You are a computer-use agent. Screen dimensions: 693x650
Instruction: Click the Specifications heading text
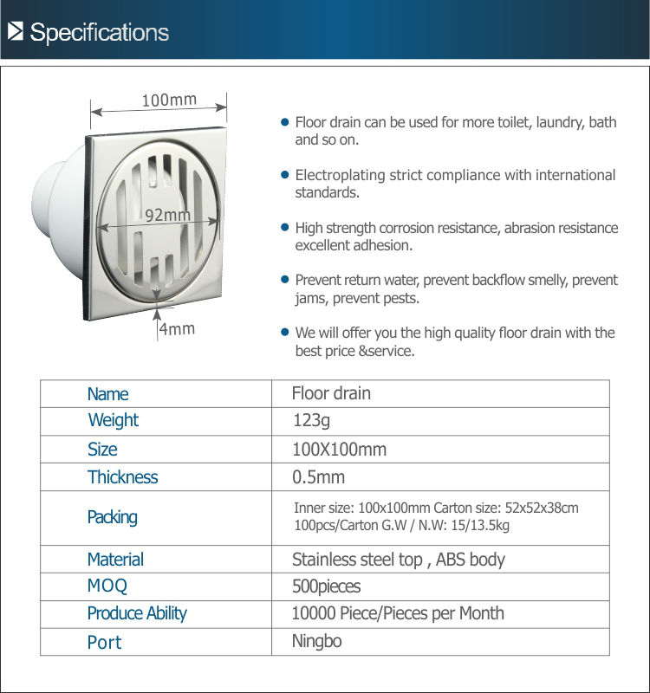click(x=99, y=33)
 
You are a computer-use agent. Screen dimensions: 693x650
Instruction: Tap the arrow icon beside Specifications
click(x=16, y=33)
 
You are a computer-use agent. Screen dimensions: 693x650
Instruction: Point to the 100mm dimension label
click(x=169, y=100)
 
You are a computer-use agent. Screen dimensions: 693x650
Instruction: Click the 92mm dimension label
click(x=167, y=215)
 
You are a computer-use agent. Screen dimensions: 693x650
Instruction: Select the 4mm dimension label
click(x=177, y=329)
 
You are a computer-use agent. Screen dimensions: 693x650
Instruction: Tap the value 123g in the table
click(x=311, y=421)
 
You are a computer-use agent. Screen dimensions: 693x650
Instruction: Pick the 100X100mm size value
click(x=339, y=450)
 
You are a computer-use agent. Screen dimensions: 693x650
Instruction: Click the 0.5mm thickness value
click(x=318, y=477)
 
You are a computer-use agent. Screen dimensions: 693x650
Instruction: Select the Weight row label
click(x=113, y=421)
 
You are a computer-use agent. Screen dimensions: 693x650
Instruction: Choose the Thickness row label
click(x=122, y=477)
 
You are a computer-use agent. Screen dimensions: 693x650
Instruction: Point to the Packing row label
click(x=112, y=517)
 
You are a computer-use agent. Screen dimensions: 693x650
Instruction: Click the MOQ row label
click(x=107, y=586)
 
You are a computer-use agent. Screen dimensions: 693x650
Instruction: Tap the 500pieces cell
click(x=326, y=586)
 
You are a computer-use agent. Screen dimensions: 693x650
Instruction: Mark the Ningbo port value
click(x=317, y=642)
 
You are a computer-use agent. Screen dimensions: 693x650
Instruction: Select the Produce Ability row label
click(x=137, y=614)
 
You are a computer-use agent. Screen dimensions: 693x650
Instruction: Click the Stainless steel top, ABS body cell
click(x=398, y=560)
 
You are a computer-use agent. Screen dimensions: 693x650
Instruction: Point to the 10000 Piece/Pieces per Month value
click(x=398, y=614)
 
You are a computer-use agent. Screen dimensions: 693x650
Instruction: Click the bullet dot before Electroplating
click(x=283, y=175)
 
